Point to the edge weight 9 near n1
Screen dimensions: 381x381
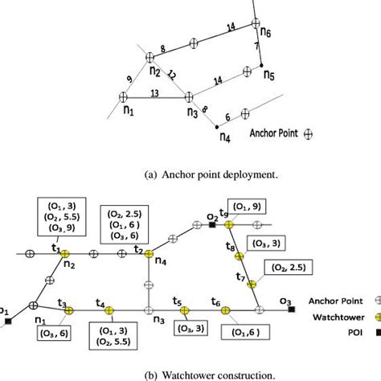[130, 78]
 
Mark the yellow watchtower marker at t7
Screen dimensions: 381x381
[251, 284]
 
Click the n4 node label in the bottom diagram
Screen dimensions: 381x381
[161, 262]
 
